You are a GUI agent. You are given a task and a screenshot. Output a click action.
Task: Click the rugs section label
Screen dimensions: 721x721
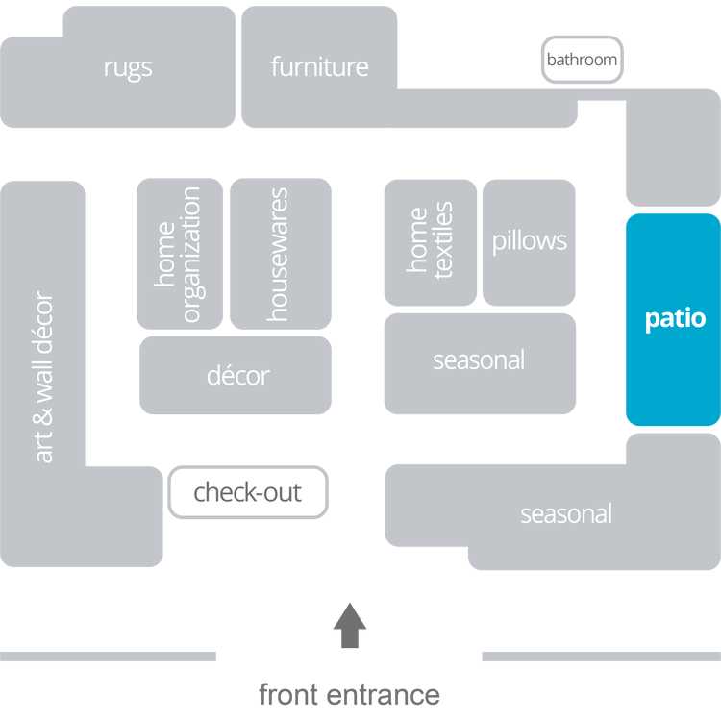(x=128, y=68)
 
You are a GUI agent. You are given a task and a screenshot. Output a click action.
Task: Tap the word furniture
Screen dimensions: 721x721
(x=319, y=67)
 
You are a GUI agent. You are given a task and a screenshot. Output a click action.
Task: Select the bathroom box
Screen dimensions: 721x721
(x=582, y=60)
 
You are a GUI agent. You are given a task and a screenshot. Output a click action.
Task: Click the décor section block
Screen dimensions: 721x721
(x=236, y=375)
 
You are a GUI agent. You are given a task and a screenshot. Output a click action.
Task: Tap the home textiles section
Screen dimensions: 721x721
(x=430, y=241)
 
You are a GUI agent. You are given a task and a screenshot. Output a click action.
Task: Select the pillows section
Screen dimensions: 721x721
(x=529, y=241)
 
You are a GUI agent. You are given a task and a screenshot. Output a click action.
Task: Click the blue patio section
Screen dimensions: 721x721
(x=673, y=319)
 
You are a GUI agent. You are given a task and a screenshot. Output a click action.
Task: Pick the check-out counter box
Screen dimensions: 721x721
(x=247, y=493)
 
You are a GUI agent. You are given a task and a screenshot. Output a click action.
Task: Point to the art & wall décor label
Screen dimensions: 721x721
(x=44, y=375)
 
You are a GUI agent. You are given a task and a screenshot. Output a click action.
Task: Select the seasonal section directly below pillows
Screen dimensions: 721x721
(x=479, y=361)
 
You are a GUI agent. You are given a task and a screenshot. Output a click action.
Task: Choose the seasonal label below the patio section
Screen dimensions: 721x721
(x=565, y=514)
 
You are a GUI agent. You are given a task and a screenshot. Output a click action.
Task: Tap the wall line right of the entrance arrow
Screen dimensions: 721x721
(x=601, y=657)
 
